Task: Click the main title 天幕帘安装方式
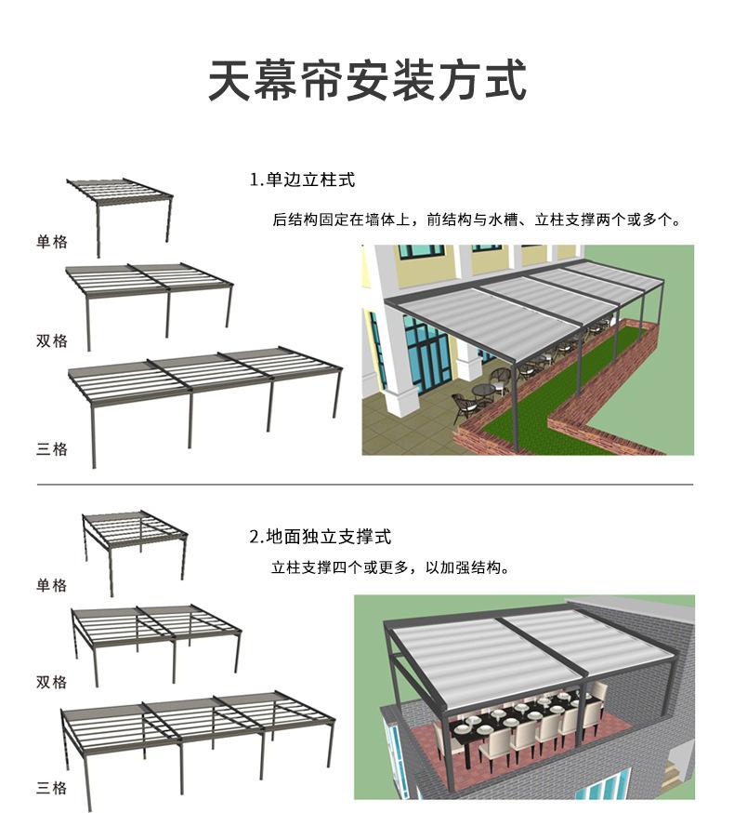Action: tap(367, 80)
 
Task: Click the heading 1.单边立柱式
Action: tap(302, 180)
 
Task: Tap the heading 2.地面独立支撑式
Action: tap(321, 537)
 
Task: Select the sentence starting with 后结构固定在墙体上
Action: tap(477, 220)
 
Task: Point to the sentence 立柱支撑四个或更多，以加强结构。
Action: tap(391, 567)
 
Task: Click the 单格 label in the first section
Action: tap(52, 242)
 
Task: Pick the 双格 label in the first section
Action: tap(52, 340)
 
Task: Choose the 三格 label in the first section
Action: tap(52, 448)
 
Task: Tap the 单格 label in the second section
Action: tap(52, 585)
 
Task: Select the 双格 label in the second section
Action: tap(52, 682)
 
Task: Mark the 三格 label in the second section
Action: tap(52, 788)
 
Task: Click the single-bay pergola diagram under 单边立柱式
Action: tap(120, 218)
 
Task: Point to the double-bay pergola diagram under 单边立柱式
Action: tap(150, 307)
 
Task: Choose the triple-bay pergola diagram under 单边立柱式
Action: tap(205, 407)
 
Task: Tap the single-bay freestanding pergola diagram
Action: tap(136, 553)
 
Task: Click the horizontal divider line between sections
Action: tap(364, 485)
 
